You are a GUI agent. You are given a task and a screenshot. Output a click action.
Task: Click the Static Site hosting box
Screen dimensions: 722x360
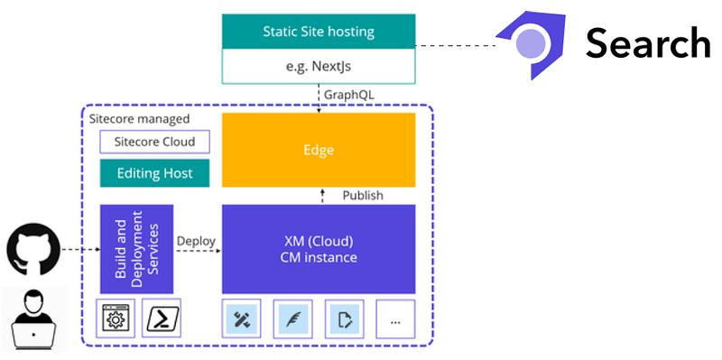point(319,32)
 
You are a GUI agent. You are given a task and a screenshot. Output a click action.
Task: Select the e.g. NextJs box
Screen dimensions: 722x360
point(319,66)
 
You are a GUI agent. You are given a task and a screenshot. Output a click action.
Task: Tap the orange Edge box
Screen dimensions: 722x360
point(319,150)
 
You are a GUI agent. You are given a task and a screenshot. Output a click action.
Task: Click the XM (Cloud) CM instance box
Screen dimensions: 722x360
point(319,249)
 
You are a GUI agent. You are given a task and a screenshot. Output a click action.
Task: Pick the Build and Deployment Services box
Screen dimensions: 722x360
point(137,249)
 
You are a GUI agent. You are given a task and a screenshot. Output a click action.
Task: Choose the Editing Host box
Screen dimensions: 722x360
point(154,173)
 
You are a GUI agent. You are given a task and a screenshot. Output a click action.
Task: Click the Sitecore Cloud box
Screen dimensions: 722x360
point(154,142)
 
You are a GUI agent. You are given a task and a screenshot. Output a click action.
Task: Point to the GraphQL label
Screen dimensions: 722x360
point(349,95)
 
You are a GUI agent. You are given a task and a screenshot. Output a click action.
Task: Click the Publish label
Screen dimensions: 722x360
point(363,195)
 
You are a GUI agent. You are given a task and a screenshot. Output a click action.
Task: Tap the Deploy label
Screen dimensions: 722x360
point(196,241)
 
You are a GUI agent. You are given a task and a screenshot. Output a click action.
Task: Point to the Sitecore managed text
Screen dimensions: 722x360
point(139,119)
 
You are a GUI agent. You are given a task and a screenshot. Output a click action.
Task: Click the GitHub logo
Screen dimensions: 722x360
point(33,249)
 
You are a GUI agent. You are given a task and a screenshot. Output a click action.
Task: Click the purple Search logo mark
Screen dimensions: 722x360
point(531,44)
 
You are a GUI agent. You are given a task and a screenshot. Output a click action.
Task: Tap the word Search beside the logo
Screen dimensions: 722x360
point(648,42)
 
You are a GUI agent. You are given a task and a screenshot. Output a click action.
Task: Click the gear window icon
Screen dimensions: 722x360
point(116,318)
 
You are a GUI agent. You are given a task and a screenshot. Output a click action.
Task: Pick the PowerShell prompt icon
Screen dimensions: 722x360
point(162,318)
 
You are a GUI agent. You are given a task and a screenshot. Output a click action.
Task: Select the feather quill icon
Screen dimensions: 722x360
point(292,319)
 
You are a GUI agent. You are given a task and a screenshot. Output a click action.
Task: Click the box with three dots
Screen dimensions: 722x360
point(395,319)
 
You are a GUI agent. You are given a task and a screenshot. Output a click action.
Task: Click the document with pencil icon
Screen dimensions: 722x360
point(345,319)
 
